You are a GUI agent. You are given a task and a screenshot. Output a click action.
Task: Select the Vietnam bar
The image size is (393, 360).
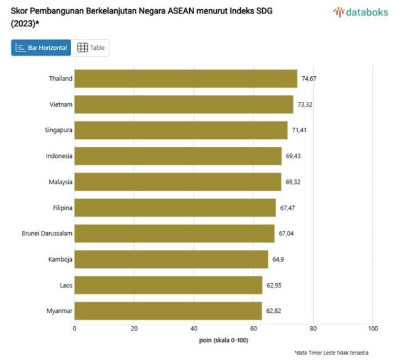184,104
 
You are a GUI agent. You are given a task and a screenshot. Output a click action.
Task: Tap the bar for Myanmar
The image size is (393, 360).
168,311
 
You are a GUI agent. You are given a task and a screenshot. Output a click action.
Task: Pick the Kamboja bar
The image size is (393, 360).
171,259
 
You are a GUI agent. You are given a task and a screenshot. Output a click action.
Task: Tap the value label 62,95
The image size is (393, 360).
274,286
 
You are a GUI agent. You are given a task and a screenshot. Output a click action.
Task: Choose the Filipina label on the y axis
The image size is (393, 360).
63,208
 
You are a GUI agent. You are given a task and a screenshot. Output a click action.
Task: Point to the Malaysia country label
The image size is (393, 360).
60,182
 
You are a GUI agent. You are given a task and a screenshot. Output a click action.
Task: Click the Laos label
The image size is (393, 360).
65,286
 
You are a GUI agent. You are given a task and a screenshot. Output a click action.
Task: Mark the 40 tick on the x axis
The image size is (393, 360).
194,329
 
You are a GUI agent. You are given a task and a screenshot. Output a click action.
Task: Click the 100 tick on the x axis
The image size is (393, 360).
373,329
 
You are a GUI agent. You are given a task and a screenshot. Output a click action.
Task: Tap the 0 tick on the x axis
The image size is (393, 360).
75,329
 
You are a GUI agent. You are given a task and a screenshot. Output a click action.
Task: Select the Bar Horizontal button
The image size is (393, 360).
41,48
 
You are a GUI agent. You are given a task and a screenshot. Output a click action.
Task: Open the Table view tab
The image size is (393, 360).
91,48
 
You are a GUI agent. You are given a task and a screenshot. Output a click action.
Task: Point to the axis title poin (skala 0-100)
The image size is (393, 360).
224,340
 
